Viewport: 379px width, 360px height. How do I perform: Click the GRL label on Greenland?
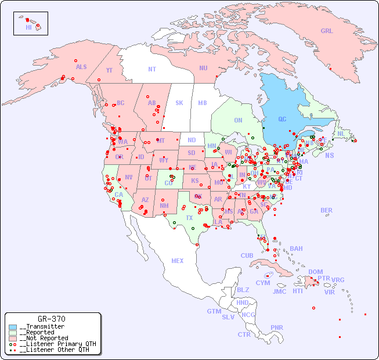(x=327, y=31)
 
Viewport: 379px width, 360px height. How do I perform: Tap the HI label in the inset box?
(x=28, y=27)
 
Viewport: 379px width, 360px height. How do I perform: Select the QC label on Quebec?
(x=282, y=120)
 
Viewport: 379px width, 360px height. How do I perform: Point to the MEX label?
(x=178, y=261)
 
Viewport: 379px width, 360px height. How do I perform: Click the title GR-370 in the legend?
(x=51, y=319)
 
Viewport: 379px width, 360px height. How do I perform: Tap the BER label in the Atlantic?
(x=327, y=210)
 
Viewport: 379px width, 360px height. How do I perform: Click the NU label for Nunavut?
(x=203, y=68)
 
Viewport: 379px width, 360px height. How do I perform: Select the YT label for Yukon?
(x=109, y=70)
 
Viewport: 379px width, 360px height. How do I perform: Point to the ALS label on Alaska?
(x=81, y=67)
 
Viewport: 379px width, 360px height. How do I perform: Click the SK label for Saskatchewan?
(x=179, y=103)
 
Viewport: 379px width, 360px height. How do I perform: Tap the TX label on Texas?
(x=189, y=218)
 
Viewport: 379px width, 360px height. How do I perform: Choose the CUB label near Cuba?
(x=247, y=255)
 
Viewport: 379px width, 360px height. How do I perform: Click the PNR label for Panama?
(x=277, y=327)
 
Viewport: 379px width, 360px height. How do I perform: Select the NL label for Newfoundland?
(x=341, y=134)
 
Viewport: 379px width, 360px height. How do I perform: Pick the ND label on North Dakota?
(x=192, y=140)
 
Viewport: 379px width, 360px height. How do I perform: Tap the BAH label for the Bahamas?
(x=296, y=249)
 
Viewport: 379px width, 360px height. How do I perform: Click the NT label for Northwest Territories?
(x=152, y=69)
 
